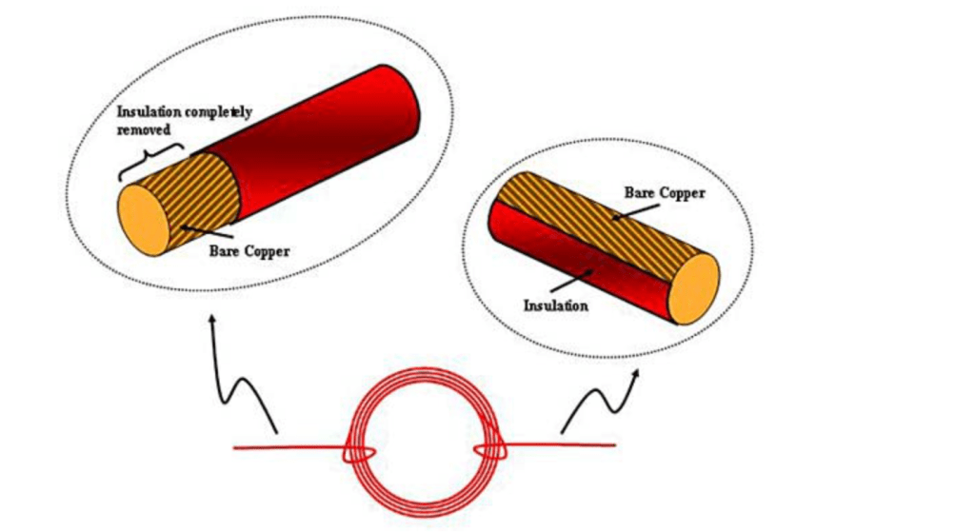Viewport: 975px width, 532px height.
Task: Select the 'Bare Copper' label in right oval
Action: coord(665,193)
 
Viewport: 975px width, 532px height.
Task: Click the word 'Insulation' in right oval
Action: coord(556,305)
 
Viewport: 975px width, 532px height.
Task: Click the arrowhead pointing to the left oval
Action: coord(212,319)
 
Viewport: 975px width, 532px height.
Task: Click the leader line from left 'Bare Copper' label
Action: coord(209,233)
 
